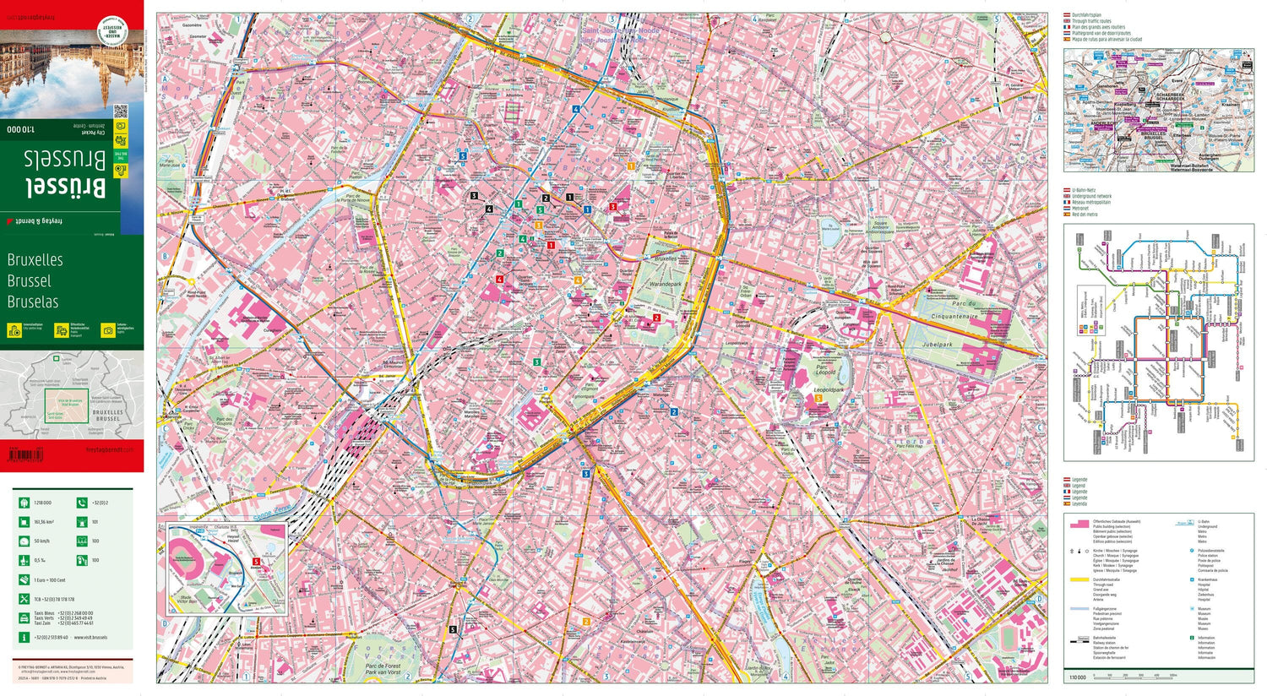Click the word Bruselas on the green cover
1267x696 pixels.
(x=33, y=302)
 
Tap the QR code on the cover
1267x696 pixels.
(x=120, y=111)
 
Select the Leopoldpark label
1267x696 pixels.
(x=828, y=390)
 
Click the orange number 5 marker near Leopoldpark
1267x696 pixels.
(x=818, y=399)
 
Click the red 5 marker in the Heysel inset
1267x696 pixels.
(x=255, y=561)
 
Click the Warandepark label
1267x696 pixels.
(x=665, y=285)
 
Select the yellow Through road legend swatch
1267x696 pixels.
(x=1078, y=579)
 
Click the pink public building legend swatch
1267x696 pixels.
(x=1078, y=524)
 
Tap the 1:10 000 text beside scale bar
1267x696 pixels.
(x=1077, y=677)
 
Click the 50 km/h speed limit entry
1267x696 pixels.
(x=42, y=541)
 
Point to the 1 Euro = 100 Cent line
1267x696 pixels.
(x=50, y=580)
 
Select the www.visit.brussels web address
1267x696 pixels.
(x=90, y=638)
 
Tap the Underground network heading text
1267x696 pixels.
(x=1091, y=196)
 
